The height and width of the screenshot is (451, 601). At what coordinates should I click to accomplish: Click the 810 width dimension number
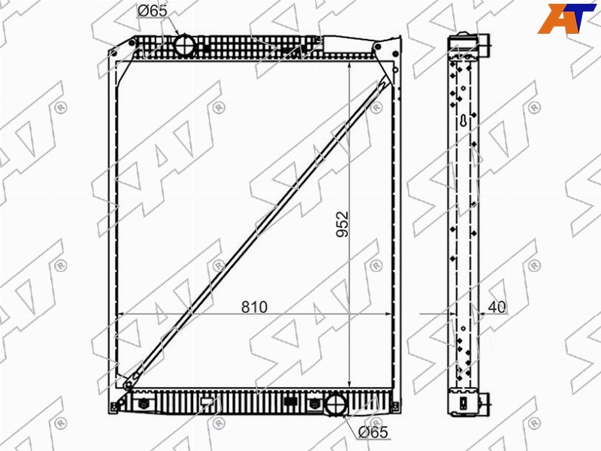coord(254,307)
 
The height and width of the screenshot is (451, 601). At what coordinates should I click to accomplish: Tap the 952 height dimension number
coord(343,224)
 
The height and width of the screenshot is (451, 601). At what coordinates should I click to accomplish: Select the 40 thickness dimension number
coord(497,307)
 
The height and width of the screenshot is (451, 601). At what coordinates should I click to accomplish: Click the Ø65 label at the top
coord(153,11)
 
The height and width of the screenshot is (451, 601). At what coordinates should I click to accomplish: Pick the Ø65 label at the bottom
coord(373,432)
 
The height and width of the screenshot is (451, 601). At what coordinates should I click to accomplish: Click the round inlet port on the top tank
coord(186,45)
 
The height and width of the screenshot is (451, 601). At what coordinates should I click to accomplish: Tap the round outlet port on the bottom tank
coord(336,404)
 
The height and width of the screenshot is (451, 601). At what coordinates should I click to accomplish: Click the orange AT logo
coord(567,18)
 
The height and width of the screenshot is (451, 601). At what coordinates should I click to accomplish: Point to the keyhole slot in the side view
coord(464,121)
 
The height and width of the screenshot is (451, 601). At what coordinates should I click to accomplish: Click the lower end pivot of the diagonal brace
coord(128,383)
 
